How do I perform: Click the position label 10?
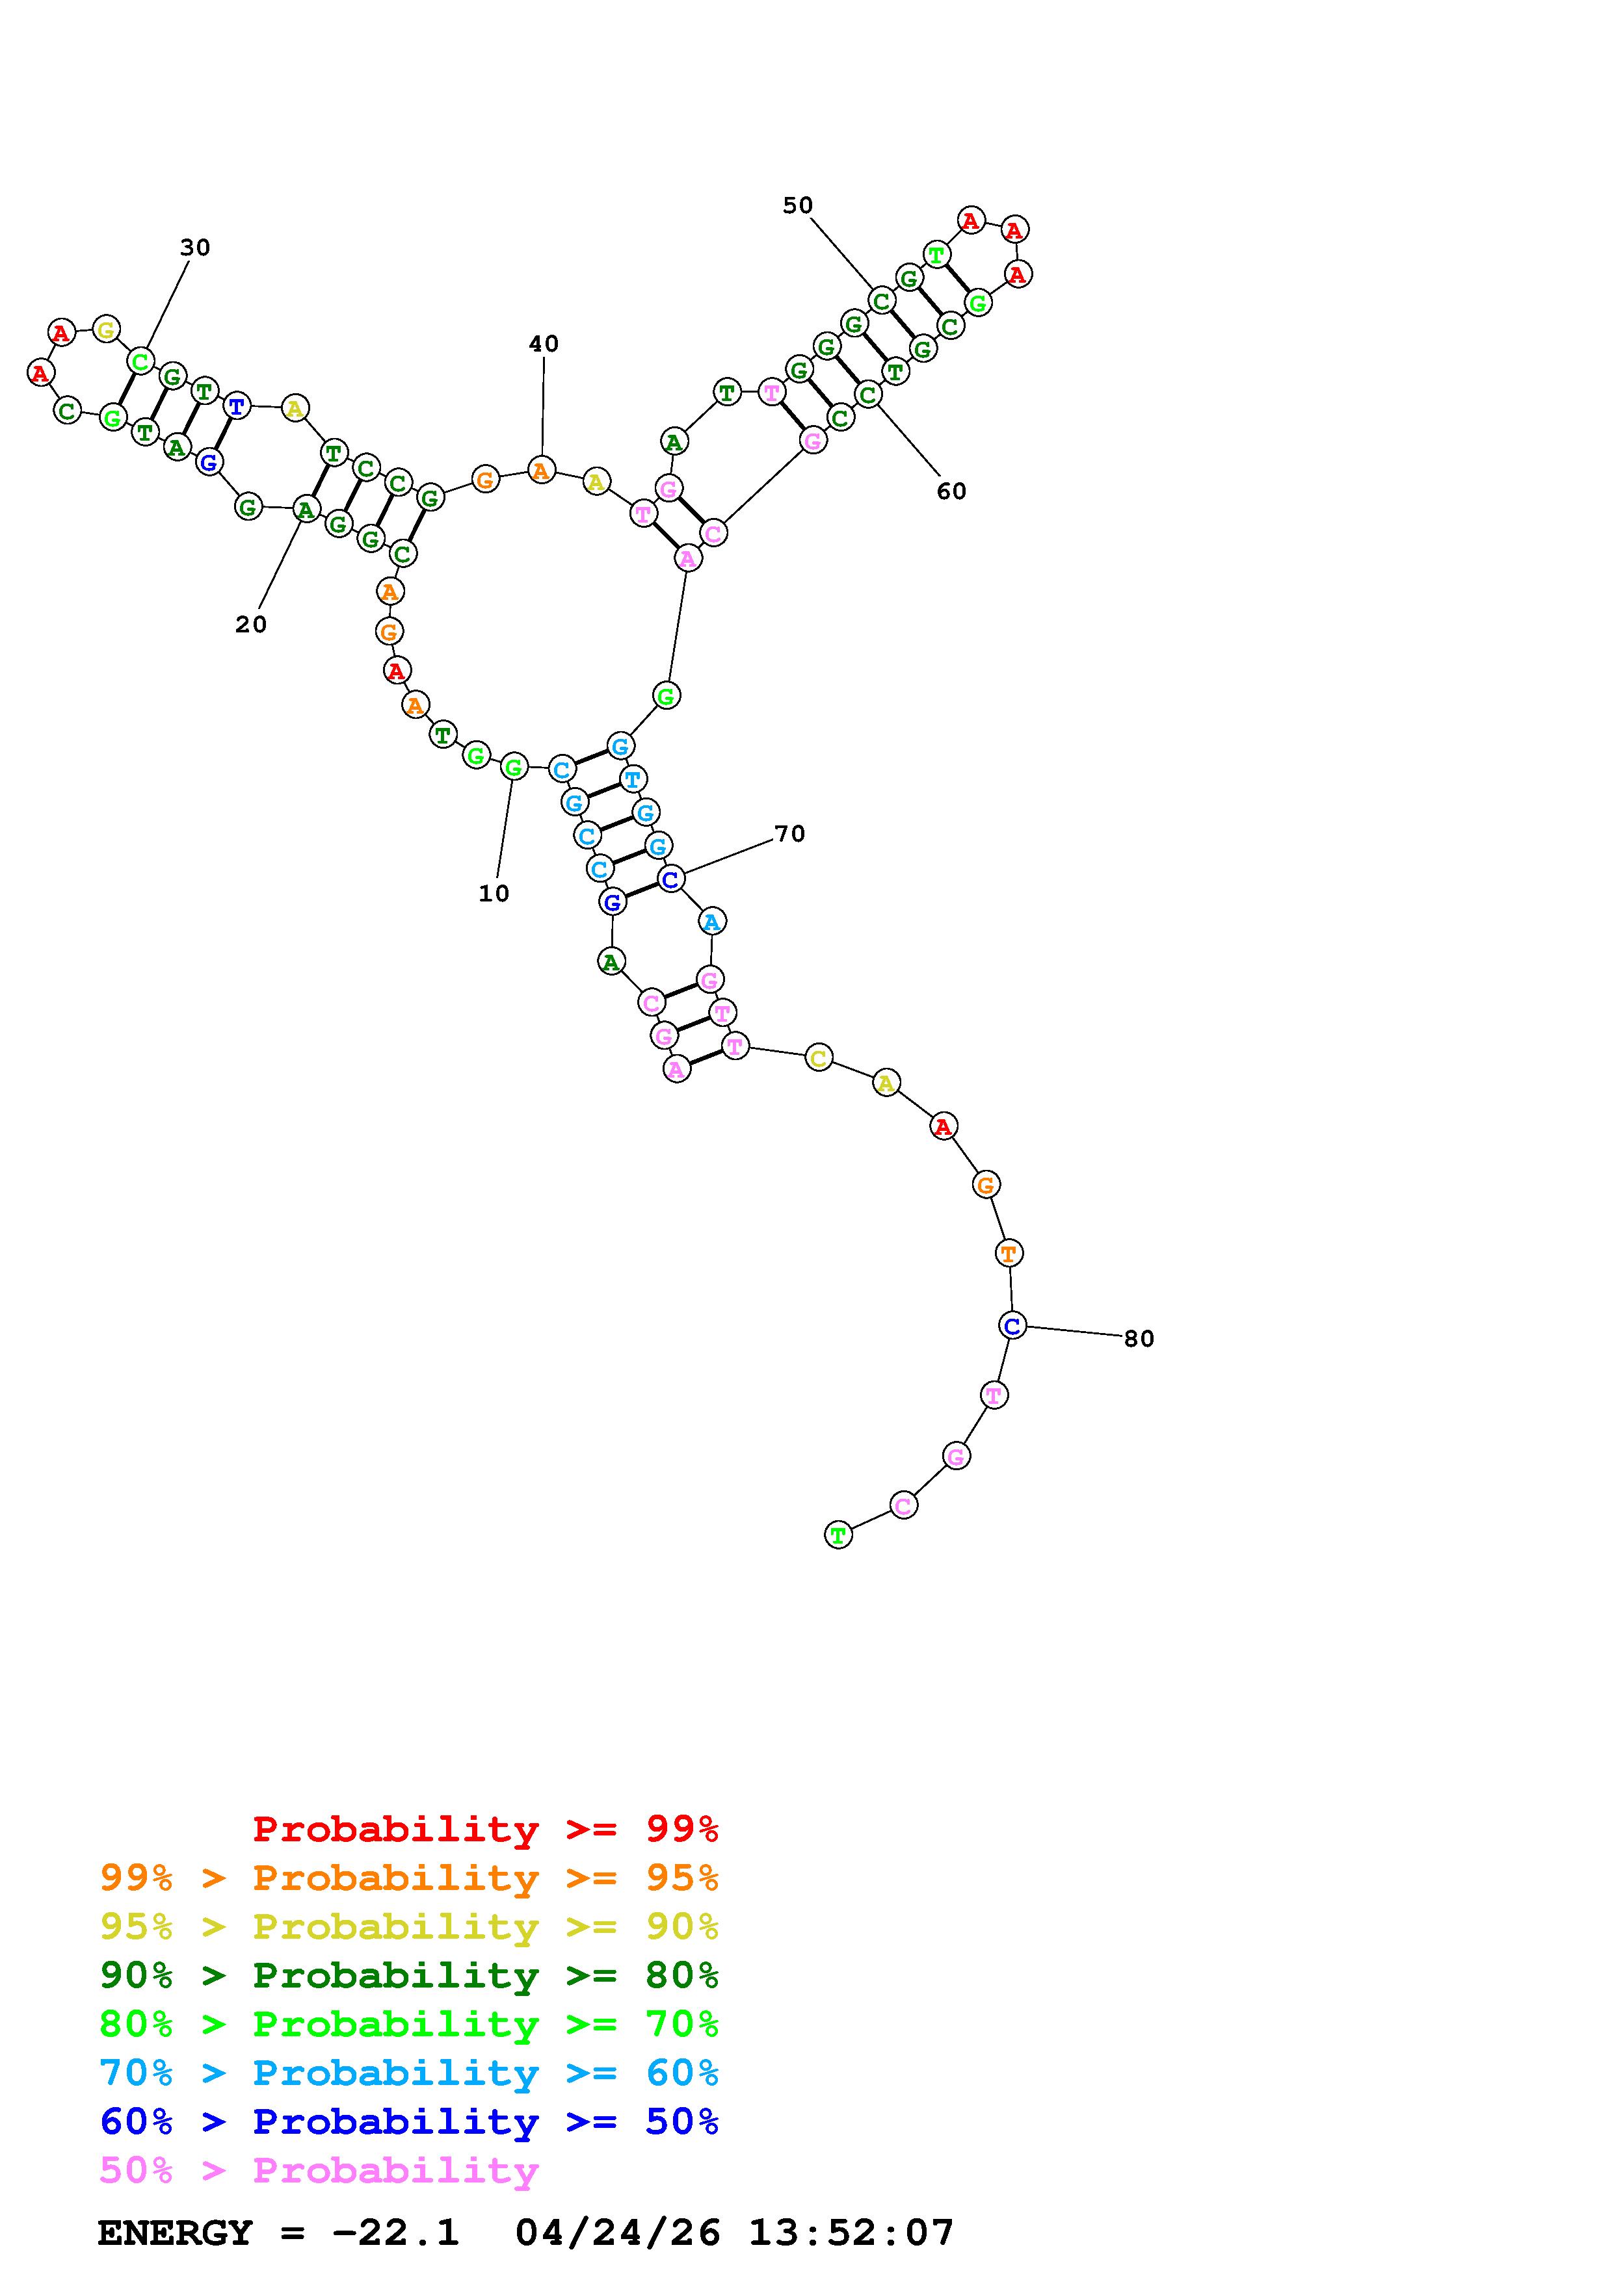(x=494, y=894)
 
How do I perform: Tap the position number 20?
(x=251, y=625)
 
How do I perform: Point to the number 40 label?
(x=543, y=344)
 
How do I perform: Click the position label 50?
(x=798, y=205)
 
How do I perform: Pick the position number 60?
(x=951, y=491)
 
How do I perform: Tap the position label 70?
(x=789, y=834)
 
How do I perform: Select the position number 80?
(x=1139, y=1339)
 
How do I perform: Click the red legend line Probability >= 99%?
(x=486, y=1829)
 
